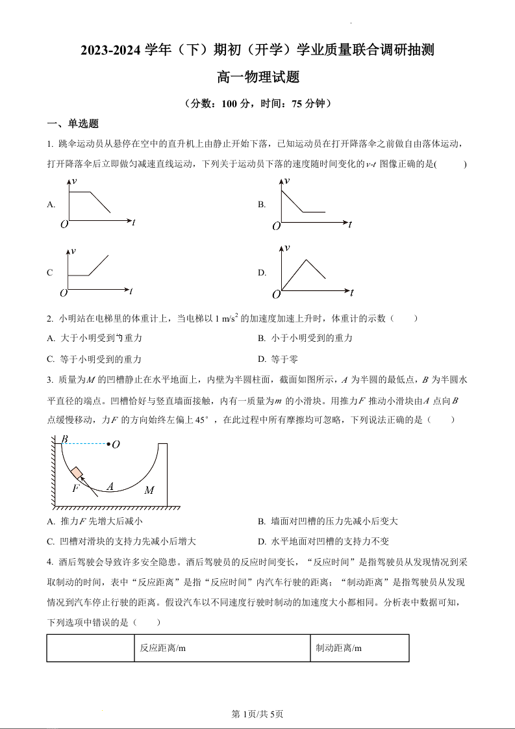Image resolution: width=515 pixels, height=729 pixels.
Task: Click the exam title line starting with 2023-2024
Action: (257, 50)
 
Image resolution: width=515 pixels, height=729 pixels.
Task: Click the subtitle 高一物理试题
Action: (257, 77)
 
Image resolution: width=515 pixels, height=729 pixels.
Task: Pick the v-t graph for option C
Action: (97, 271)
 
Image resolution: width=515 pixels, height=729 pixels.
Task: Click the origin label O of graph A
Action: (64, 225)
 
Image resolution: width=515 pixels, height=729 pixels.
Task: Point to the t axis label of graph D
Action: (351, 293)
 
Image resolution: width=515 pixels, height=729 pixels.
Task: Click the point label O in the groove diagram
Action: (116, 444)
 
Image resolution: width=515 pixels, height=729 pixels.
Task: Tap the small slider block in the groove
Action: (77, 472)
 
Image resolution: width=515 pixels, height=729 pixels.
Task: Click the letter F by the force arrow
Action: (75, 488)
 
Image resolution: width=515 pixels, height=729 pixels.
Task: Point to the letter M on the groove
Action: (149, 490)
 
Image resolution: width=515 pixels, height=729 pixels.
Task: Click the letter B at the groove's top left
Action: (64, 440)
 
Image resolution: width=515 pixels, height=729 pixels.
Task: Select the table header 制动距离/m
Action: (338, 648)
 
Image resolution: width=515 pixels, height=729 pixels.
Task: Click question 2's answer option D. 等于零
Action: (278, 359)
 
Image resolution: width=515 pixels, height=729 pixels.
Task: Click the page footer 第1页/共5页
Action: (257, 714)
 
